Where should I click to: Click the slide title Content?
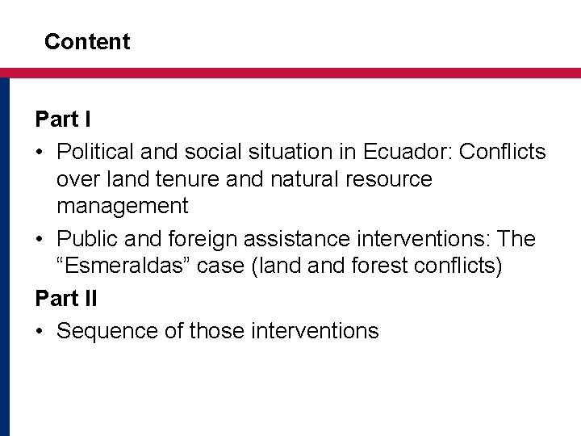(87, 42)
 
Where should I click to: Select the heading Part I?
(63, 120)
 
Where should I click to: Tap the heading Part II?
(66, 298)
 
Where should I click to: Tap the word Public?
(88, 239)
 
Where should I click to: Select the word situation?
(270, 151)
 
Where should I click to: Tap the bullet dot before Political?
(40, 152)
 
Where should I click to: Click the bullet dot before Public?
(40, 240)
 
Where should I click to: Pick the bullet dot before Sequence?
(40, 330)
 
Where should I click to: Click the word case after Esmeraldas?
(222, 267)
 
